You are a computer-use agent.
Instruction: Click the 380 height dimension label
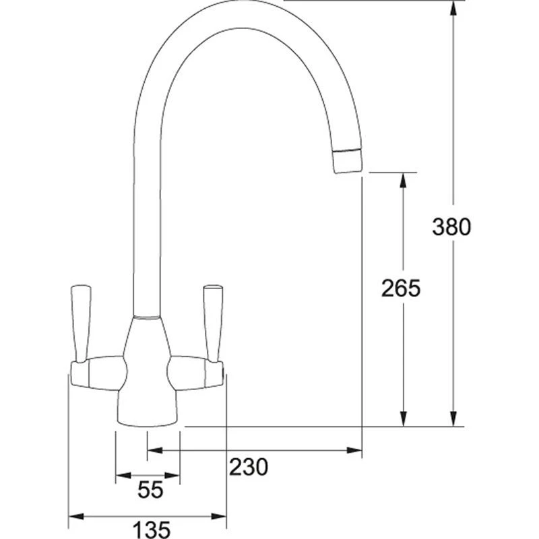click(451, 227)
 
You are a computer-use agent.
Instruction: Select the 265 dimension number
click(400, 288)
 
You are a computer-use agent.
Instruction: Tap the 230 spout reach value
click(249, 466)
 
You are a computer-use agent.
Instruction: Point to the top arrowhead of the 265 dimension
click(403, 180)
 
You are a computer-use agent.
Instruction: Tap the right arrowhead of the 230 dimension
click(356, 449)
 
